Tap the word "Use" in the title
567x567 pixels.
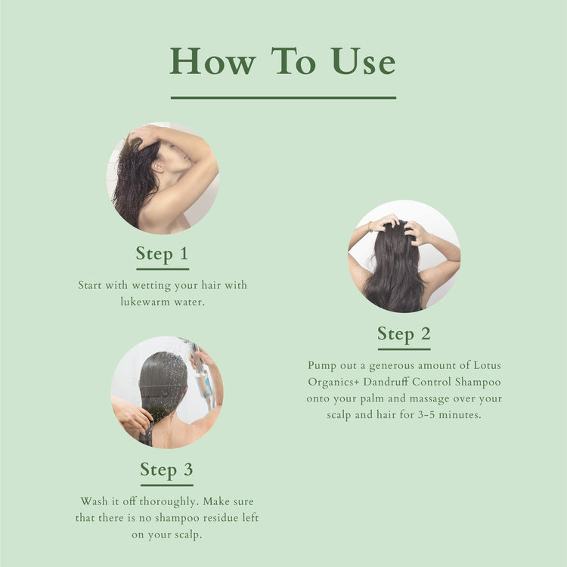[362, 61]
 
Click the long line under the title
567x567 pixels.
[283, 98]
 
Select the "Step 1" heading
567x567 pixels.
[162, 253]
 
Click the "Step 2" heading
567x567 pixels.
[404, 333]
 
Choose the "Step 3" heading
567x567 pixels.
[166, 469]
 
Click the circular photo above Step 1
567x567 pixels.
[162, 178]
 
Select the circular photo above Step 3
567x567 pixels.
[166, 392]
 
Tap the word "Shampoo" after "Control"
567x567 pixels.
[476, 382]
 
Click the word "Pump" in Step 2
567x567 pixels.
[321, 366]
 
